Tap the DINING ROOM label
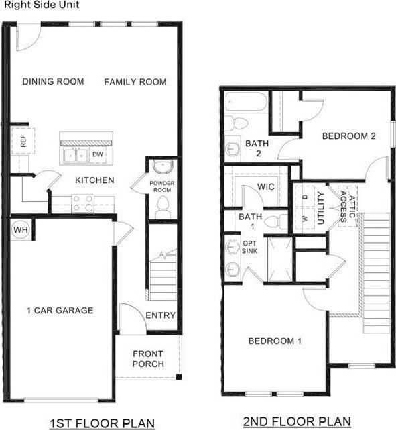53,82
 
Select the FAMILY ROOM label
135,82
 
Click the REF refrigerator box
21,141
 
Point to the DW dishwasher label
97,155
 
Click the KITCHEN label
94,180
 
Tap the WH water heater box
21,230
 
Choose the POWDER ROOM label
161,186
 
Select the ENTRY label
160,315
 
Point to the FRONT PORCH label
148,359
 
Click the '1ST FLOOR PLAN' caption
103,423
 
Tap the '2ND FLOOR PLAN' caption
296,422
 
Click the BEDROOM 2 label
348,136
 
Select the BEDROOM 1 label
275,341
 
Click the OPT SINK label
249,247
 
